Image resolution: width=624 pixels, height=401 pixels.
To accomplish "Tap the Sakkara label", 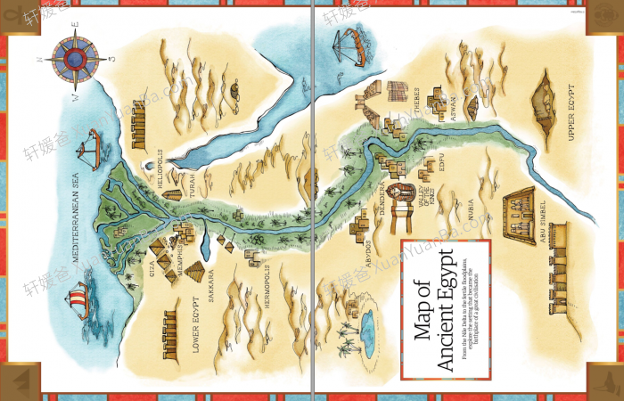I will [212, 286].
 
